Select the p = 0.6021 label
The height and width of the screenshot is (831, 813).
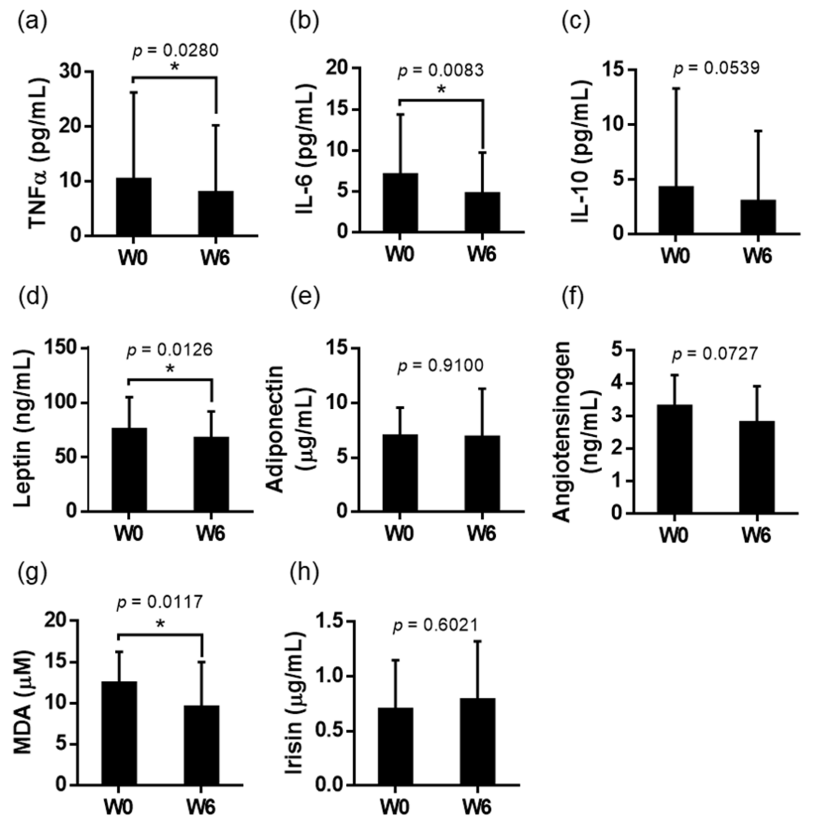pyautogui.click(x=435, y=625)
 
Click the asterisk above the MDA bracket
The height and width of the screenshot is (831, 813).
pyautogui.click(x=160, y=624)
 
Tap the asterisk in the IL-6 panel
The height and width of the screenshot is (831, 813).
pyautogui.click(x=441, y=90)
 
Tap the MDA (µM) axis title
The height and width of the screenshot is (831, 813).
pyautogui.click(x=26, y=702)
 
